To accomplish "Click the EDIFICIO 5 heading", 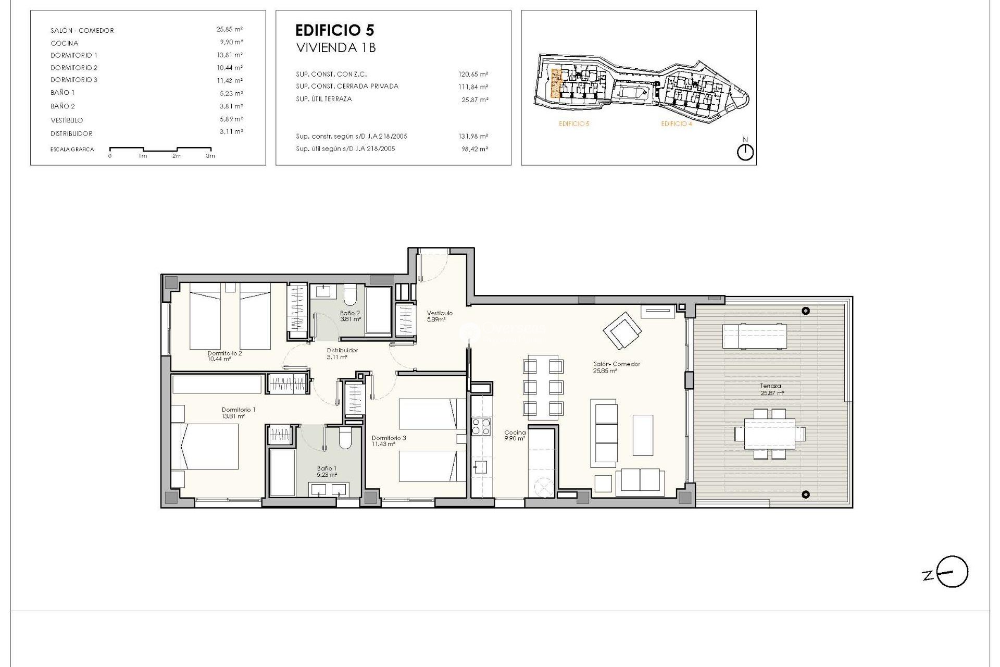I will (x=334, y=30).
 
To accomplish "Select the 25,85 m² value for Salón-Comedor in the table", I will (x=229, y=30).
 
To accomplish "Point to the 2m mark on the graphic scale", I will (x=177, y=156).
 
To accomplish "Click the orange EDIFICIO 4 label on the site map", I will (x=676, y=124).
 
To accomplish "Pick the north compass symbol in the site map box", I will (x=745, y=152).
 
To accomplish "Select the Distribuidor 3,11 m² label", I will (x=342, y=353).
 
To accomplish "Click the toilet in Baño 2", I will (x=349, y=295).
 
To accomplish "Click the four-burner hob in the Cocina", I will (x=481, y=427).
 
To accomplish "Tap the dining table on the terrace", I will (x=770, y=434).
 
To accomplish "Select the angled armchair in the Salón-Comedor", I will (x=622, y=330).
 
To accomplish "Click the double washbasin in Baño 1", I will (x=328, y=489).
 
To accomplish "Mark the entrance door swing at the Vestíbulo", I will (x=433, y=266).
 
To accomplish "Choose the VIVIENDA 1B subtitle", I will (x=336, y=48).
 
